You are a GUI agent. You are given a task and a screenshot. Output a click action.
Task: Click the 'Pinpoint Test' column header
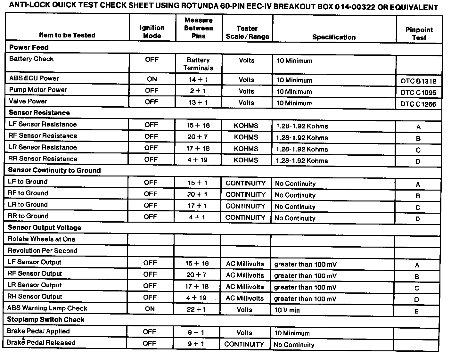(x=419, y=34)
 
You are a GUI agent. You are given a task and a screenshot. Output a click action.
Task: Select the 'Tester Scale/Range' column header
(x=247, y=32)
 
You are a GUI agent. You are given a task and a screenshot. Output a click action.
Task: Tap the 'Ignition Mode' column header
(x=152, y=32)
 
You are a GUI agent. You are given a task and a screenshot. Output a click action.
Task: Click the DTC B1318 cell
(x=418, y=81)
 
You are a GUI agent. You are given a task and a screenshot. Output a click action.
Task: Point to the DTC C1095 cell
(x=418, y=93)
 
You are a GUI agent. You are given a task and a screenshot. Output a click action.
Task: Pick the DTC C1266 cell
(x=418, y=104)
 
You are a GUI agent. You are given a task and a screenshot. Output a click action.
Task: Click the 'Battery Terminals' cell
(x=198, y=64)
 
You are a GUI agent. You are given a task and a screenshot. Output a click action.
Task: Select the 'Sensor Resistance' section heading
(x=39, y=113)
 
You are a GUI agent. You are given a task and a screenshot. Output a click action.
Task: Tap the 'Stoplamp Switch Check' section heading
(x=45, y=320)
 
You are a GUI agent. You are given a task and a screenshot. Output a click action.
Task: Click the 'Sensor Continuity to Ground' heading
(x=54, y=170)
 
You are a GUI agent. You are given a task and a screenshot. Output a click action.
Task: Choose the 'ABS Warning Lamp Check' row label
(x=47, y=308)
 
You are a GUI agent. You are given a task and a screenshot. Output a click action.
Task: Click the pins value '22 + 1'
(x=196, y=309)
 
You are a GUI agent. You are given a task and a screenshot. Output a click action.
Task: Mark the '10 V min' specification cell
(x=287, y=310)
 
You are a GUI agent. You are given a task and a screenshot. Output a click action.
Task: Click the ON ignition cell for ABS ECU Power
(x=152, y=79)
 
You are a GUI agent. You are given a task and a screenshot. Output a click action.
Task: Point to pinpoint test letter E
(x=416, y=311)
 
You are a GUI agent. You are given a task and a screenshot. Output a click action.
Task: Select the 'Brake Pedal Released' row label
(x=41, y=343)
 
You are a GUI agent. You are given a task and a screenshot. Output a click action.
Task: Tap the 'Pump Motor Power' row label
(x=38, y=90)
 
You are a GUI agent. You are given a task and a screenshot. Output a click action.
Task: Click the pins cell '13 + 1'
(x=198, y=102)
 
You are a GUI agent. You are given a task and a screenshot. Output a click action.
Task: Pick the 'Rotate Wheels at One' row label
(x=41, y=239)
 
